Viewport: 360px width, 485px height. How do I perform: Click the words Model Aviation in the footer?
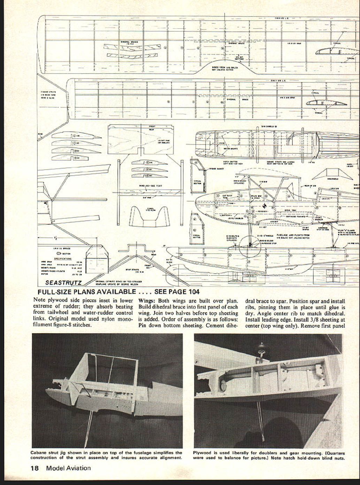[68, 468]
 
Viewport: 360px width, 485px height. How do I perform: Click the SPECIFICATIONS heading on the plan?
[63, 259]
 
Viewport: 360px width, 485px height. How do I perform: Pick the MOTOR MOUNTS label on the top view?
[230, 148]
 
